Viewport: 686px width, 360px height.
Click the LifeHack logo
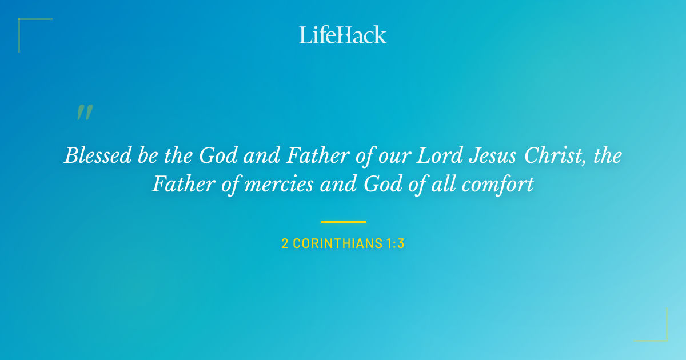pyautogui.click(x=343, y=35)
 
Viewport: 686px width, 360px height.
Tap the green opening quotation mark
pyautogui.click(x=85, y=113)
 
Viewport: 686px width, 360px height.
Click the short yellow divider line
pyautogui.click(x=343, y=222)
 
